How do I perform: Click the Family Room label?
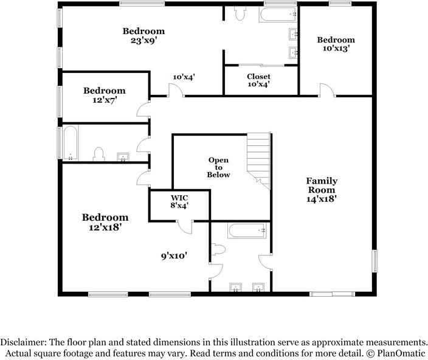pos(322,189)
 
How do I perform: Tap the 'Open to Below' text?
pos(219,167)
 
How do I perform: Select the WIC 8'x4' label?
pos(179,202)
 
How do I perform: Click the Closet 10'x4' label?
pos(258,80)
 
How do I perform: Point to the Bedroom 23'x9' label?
pos(144,36)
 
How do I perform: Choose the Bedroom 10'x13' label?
pos(336,44)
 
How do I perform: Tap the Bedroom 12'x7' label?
pos(105,95)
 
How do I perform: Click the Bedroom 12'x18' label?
pos(105,222)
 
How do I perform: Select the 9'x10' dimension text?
pos(174,256)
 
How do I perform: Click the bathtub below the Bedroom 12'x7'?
pos(70,143)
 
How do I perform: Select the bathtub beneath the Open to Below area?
pos(246,231)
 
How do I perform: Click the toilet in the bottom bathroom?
pos(217,249)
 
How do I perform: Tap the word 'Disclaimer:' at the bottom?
pos(23,342)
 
